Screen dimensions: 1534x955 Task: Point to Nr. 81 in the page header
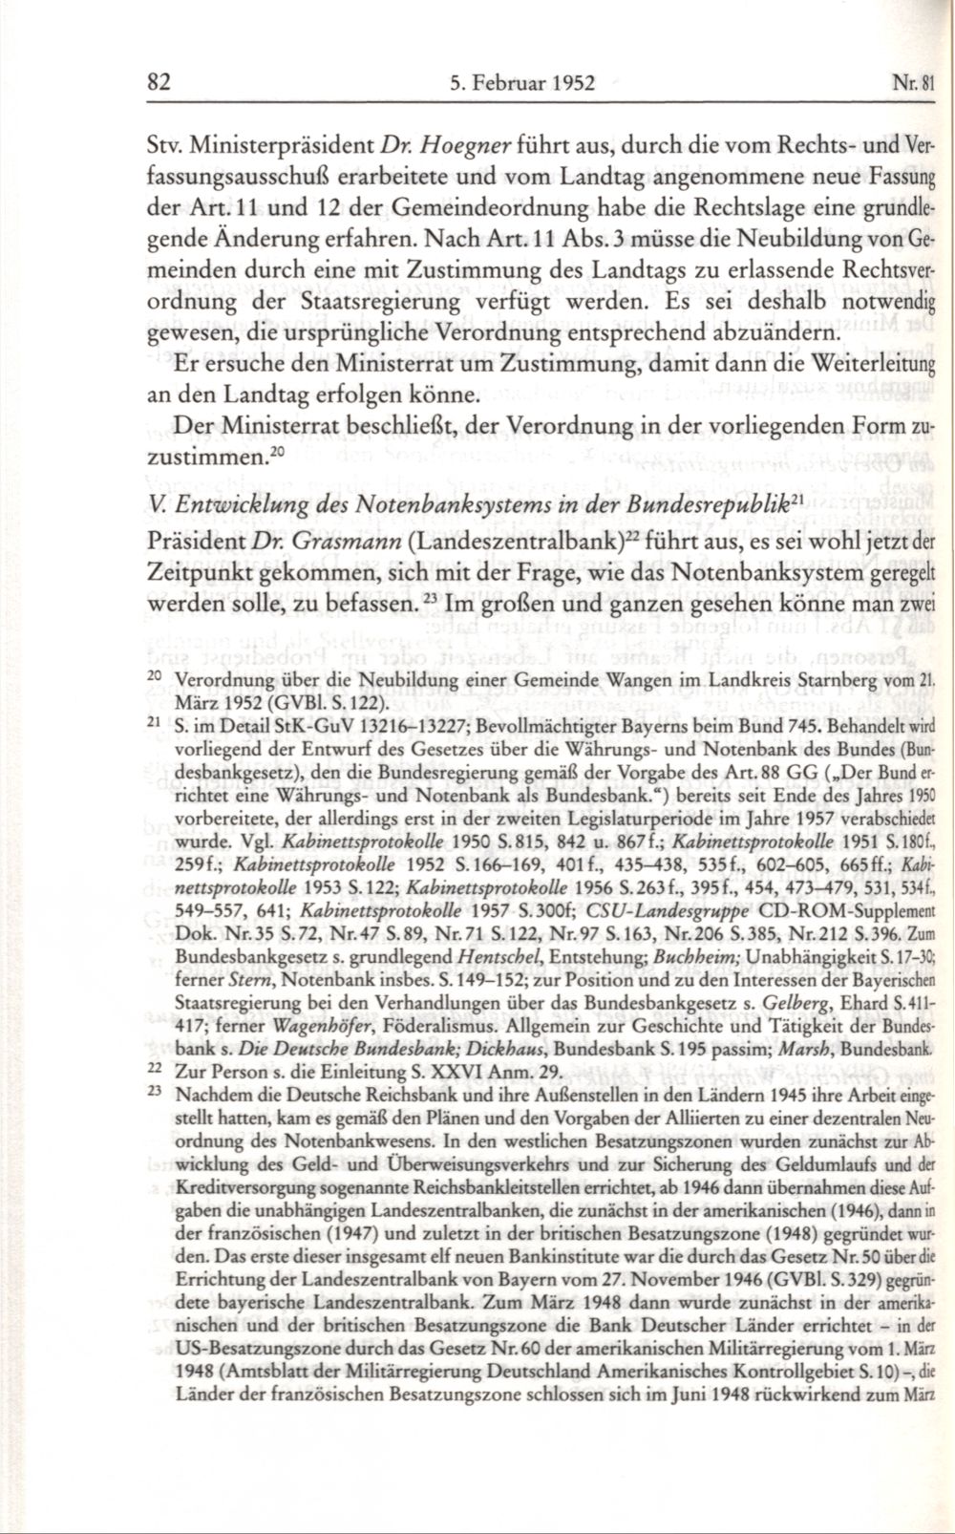[x=919, y=83]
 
